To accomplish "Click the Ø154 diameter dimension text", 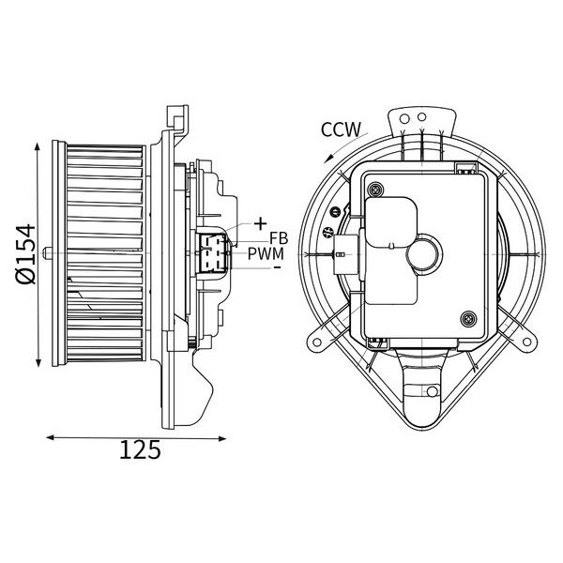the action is (x=26, y=254).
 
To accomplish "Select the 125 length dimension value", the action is (x=140, y=449).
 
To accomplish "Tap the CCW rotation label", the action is (x=341, y=129).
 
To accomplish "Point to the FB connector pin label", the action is (x=279, y=238).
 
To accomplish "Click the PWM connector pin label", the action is (x=266, y=254).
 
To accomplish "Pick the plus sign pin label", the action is (x=260, y=224).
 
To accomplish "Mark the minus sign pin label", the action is (x=277, y=267).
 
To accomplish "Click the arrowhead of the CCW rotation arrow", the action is (x=327, y=160).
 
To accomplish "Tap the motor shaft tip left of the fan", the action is (x=45, y=252).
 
